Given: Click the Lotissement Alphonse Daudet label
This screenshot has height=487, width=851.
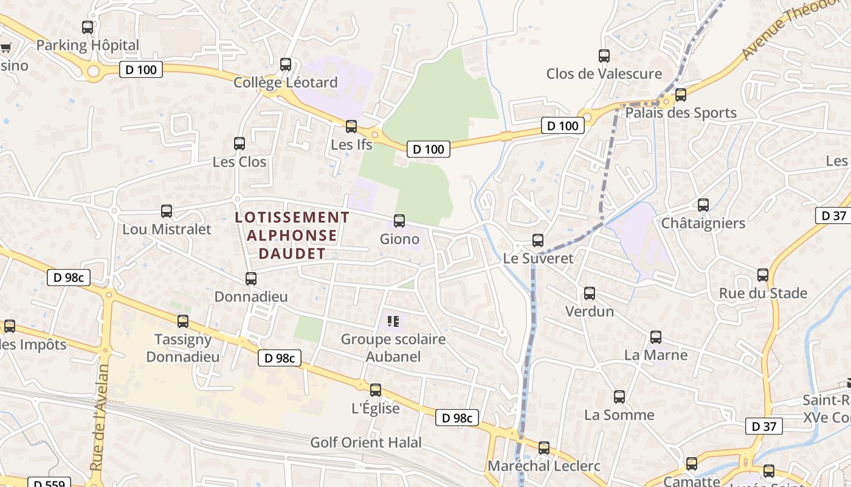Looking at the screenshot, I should click(x=292, y=235).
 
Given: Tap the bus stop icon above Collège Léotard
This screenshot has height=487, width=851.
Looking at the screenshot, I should click(x=285, y=64).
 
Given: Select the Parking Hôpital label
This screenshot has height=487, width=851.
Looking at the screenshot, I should click(x=88, y=45).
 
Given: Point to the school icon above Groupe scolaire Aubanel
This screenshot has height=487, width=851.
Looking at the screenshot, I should click(x=393, y=321).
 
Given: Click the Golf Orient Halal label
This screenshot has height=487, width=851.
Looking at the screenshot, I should click(x=365, y=443).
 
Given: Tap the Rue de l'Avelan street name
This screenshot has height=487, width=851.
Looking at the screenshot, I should click(x=99, y=418).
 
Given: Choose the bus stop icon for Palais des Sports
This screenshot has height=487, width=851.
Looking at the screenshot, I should click(x=680, y=94).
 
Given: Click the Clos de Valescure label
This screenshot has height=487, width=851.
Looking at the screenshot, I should click(x=604, y=74).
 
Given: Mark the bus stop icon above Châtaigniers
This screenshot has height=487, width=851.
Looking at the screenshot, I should click(x=703, y=205).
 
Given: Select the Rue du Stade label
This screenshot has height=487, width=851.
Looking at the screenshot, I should click(x=763, y=293).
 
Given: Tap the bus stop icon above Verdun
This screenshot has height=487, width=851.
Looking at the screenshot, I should click(x=589, y=293).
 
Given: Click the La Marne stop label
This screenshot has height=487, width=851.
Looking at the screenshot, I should click(x=656, y=355).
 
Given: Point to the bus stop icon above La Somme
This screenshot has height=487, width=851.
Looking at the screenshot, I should click(x=619, y=397).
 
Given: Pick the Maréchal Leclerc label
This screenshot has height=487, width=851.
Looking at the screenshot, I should click(x=544, y=466).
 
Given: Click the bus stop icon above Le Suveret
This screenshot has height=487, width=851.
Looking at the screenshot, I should click(x=537, y=240).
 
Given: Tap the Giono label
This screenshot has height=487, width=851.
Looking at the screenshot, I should click(x=399, y=239).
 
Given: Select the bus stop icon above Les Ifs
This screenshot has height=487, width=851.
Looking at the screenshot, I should click(x=351, y=127).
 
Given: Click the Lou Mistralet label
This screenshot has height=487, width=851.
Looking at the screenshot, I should click(x=167, y=229).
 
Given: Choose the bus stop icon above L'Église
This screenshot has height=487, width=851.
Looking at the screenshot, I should click(x=376, y=390).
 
